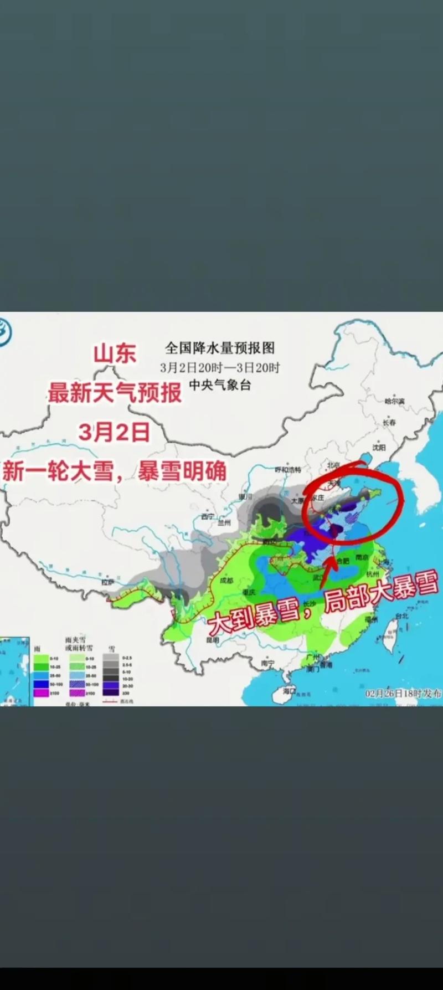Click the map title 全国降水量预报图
click(220, 348)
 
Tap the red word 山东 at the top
click(115, 353)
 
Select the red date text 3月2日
click(114, 432)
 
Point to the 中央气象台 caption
click(220, 384)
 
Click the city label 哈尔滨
click(394, 401)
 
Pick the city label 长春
click(389, 422)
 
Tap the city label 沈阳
click(379, 447)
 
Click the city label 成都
click(226, 580)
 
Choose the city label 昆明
click(213, 640)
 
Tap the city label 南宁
click(269, 662)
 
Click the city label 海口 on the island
click(289, 691)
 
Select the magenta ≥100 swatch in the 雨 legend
click(42, 693)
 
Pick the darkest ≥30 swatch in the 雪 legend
click(111, 693)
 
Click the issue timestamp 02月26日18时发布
click(403, 693)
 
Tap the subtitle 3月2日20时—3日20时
click(220, 367)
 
